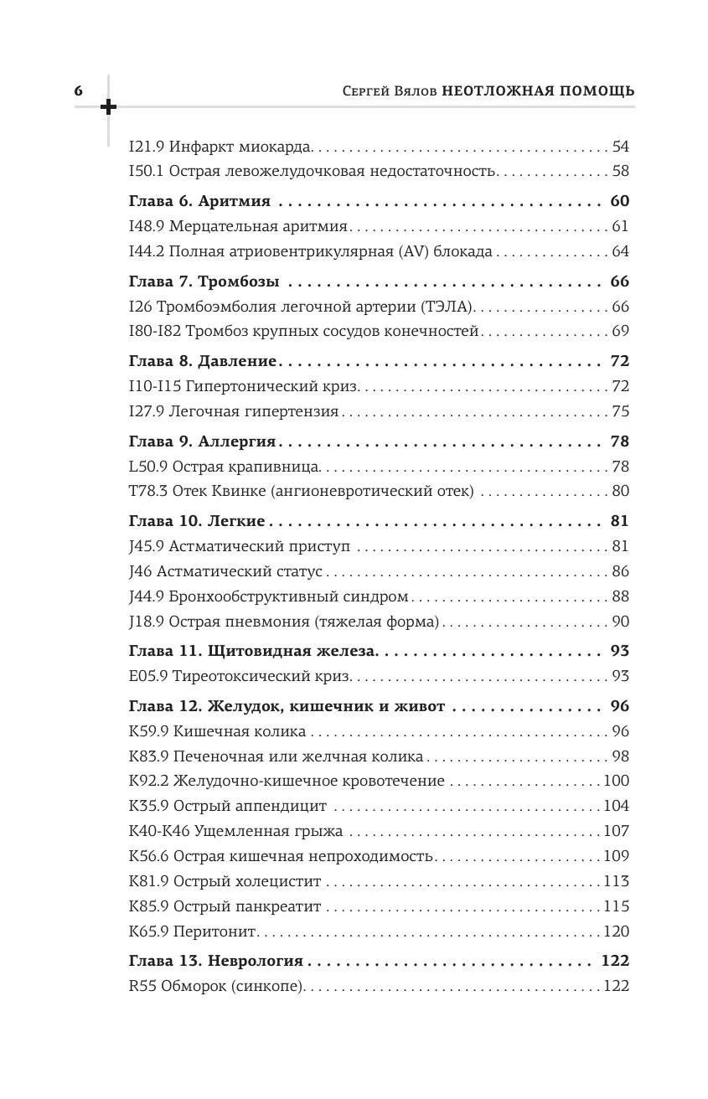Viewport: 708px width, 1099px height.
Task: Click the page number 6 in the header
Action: [x=78, y=91]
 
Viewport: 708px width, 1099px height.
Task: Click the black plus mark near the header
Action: [x=108, y=107]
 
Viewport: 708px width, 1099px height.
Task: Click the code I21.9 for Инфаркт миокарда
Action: [x=147, y=147]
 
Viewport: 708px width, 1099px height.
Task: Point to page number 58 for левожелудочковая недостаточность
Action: [x=620, y=172]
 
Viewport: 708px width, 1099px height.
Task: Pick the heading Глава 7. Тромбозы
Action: [x=204, y=281]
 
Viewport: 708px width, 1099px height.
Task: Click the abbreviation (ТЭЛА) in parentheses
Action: [x=449, y=307]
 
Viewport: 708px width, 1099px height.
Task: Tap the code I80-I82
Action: [x=156, y=331]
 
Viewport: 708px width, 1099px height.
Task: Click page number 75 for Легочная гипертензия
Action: [x=620, y=411]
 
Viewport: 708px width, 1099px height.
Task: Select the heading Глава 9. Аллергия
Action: [x=204, y=441]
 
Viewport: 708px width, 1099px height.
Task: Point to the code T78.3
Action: [x=147, y=491]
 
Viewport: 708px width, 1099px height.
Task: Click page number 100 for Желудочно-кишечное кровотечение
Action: [x=616, y=781]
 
